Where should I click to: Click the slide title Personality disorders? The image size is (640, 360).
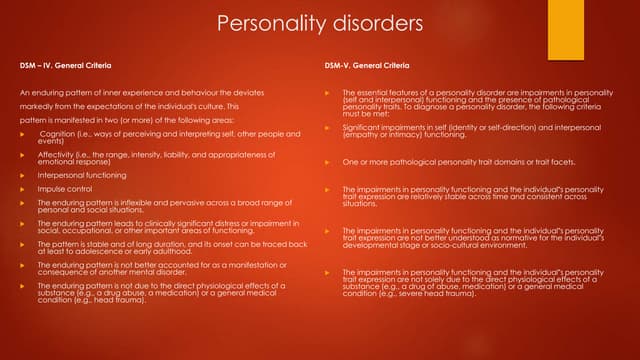click(x=319, y=23)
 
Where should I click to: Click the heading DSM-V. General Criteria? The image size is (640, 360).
click(x=367, y=67)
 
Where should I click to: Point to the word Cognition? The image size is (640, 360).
click(x=63, y=132)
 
